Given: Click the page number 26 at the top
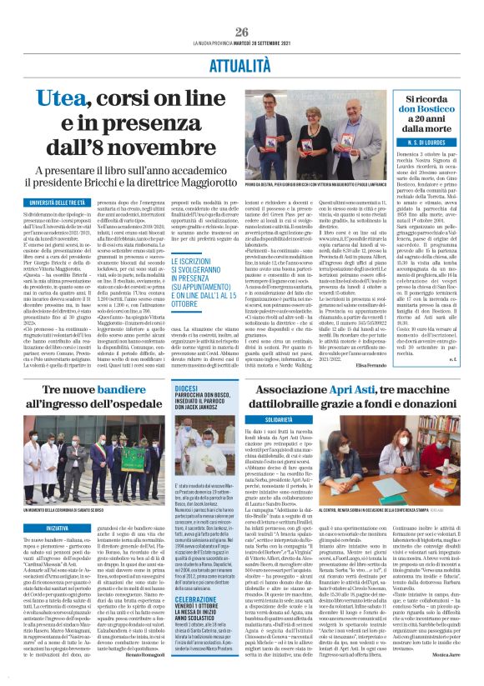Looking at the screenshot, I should pyautogui.click(x=241, y=8).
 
